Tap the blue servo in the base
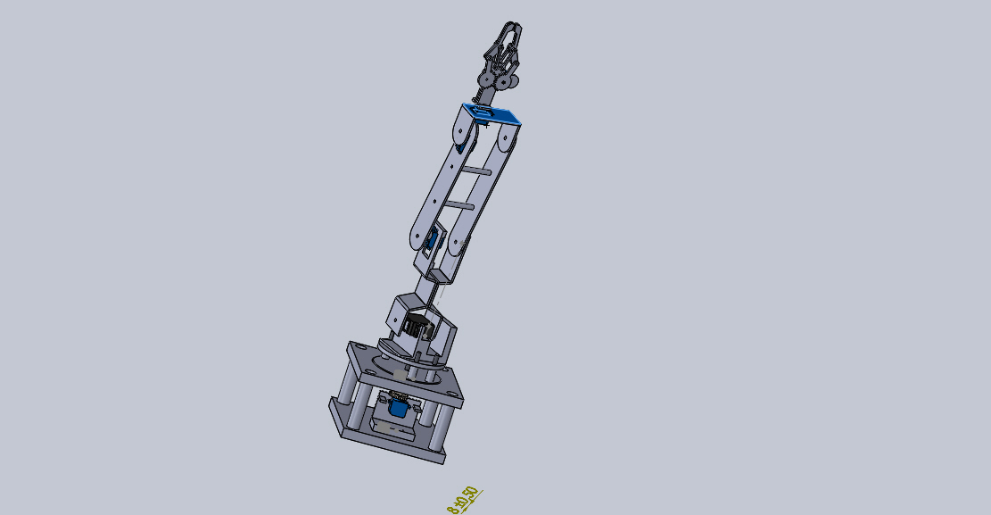pos(399,409)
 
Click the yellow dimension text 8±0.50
pos(463,501)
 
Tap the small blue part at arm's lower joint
pos(434,238)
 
